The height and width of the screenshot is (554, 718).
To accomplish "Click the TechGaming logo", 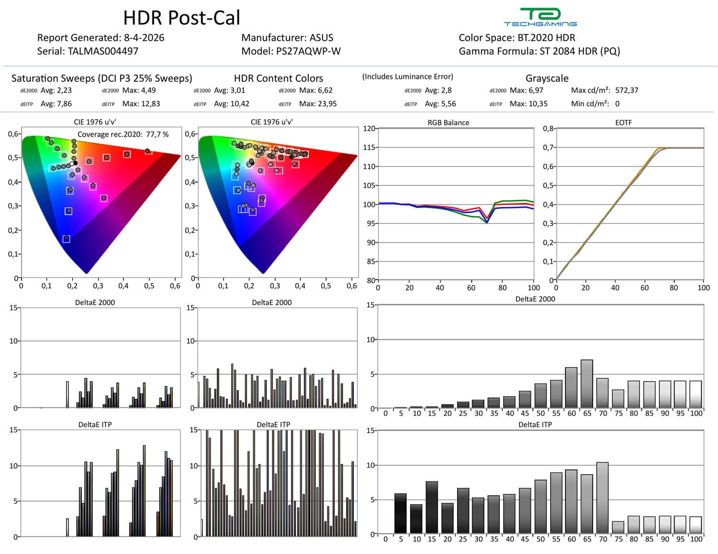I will tap(540, 17).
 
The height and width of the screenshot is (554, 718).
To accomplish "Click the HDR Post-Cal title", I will tap(181, 18).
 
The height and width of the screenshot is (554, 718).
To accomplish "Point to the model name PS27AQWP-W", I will tap(308, 51).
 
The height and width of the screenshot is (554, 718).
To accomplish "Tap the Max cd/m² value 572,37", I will tap(627, 90).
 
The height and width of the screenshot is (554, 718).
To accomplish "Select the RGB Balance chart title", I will tap(448, 122).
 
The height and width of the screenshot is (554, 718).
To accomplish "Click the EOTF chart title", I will tap(623, 122).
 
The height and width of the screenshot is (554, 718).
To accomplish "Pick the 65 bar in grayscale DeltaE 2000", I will tap(586, 384).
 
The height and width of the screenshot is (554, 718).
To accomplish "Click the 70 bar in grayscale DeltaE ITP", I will tap(602, 498).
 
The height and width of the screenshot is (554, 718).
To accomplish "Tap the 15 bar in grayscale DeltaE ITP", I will tap(432, 507).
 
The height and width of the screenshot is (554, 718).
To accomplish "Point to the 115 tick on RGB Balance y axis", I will tap(369, 147).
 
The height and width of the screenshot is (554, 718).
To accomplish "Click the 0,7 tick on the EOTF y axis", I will tap(548, 147).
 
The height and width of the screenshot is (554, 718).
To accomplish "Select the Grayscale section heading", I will tap(547, 78).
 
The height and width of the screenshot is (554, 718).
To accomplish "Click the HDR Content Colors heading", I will tap(278, 78).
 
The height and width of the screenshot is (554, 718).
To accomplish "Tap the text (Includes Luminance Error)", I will tap(407, 76).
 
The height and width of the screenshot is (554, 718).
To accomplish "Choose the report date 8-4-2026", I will tap(144, 38).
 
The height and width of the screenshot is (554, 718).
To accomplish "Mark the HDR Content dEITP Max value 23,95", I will tap(325, 104).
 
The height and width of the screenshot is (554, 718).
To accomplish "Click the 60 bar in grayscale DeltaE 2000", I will tap(571, 388).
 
